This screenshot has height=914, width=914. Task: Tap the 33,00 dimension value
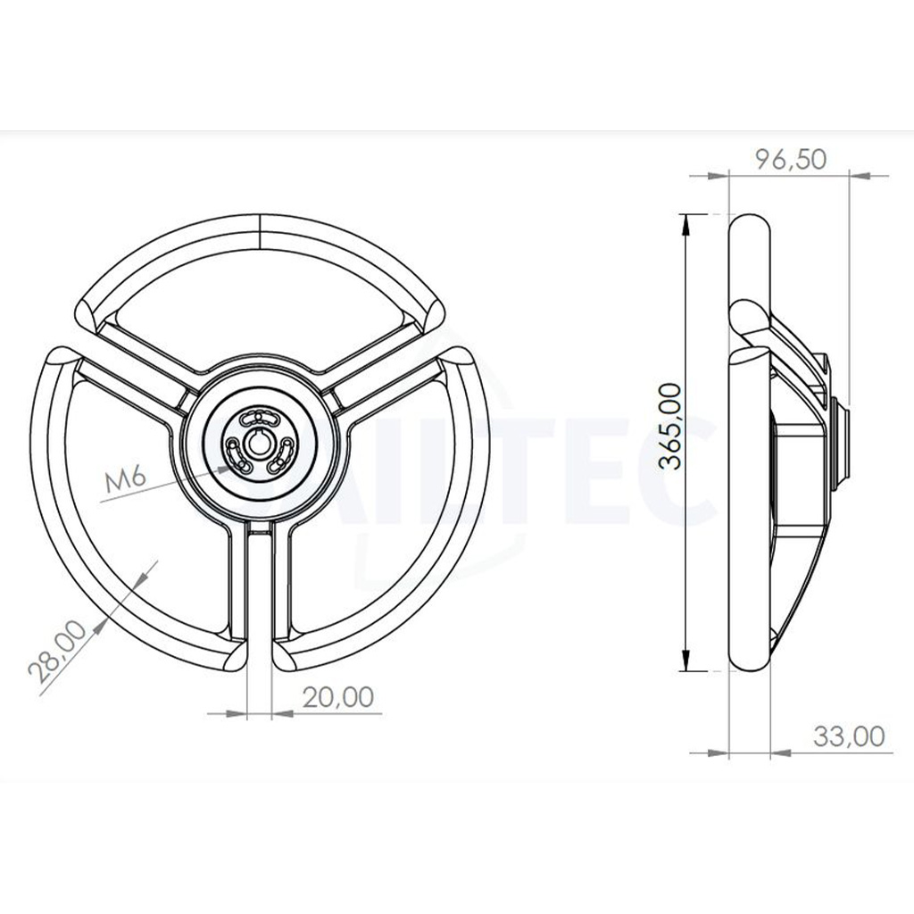849,736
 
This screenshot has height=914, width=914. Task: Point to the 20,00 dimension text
338,697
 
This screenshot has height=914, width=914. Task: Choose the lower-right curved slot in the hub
280,454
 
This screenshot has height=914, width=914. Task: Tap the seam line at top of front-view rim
258,230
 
